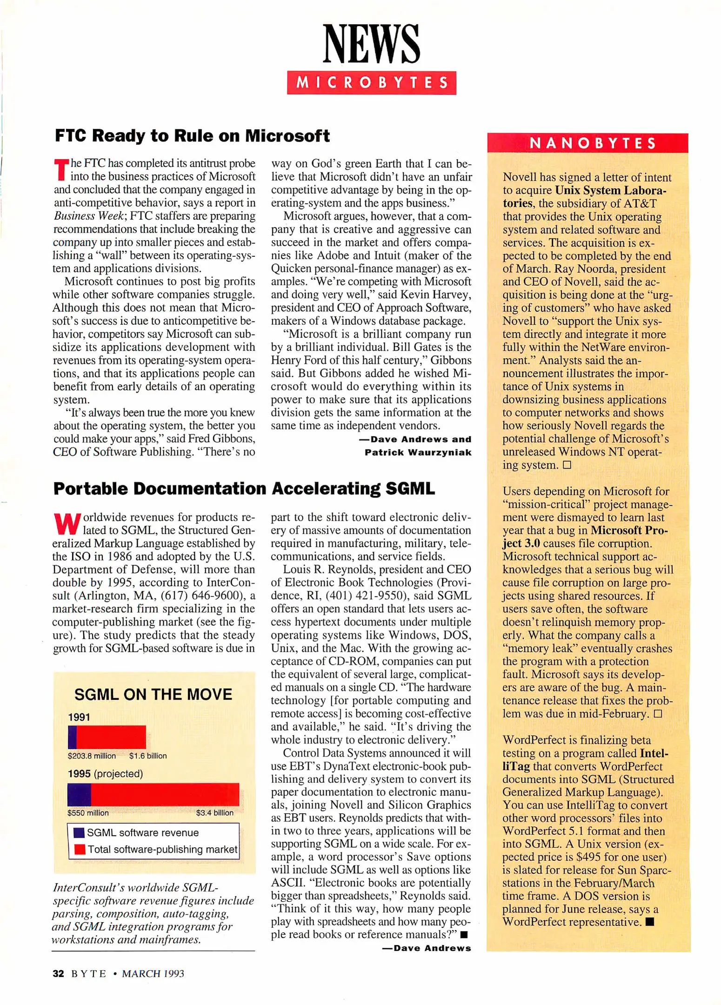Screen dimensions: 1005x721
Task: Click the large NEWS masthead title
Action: tap(371, 44)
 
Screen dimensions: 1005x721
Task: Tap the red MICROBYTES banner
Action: tap(371, 83)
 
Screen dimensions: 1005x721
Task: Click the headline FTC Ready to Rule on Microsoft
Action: tap(192, 136)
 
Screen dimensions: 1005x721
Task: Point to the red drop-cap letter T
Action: tap(61, 170)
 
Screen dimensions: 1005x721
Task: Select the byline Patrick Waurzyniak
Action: tap(418, 452)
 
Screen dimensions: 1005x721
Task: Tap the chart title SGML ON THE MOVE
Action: tap(153, 694)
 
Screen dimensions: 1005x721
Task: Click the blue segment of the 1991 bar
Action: tap(72, 737)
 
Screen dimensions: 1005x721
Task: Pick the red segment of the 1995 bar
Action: tap(165, 794)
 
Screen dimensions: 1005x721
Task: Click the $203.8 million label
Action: tap(92, 756)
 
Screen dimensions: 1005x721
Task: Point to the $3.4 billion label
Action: tap(214, 813)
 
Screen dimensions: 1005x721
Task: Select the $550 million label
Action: tap(88, 813)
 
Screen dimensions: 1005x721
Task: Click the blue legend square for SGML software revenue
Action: tap(79, 832)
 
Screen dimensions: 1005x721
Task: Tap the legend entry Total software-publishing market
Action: tap(162, 849)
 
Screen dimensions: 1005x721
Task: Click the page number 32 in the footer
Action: tap(58, 973)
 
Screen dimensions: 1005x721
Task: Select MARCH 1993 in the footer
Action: tap(153, 973)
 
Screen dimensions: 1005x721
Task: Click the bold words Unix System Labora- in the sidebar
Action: tap(610, 190)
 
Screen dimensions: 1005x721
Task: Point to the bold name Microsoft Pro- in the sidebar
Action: tap(629, 530)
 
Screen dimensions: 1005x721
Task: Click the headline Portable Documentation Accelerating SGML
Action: tap(244, 489)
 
